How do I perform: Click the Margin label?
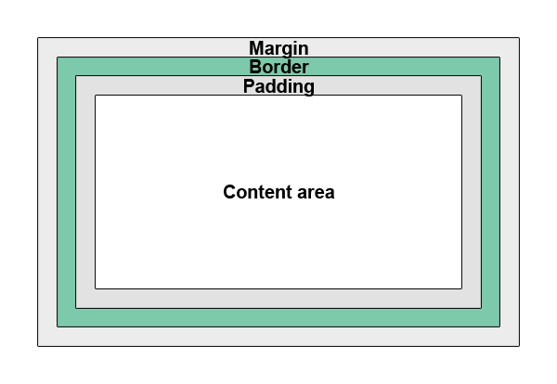(278, 48)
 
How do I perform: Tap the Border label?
(278, 67)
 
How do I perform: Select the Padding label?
(278, 86)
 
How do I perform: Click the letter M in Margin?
(257, 48)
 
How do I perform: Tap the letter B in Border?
(255, 67)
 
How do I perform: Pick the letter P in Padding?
(249, 86)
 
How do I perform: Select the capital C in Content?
(229, 193)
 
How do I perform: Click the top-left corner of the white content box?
(96, 96)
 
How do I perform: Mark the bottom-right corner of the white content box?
(461, 288)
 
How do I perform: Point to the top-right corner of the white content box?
(461, 96)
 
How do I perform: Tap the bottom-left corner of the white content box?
(96, 288)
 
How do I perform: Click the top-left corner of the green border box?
(58, 58)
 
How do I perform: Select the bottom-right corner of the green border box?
(499, 326)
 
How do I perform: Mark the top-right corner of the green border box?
(499, 58)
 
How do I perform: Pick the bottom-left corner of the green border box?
(58, 326)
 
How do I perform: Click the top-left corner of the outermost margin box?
(38, 38)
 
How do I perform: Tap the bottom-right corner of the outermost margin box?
(519, 346)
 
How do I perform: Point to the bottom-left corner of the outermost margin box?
(38, 346)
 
